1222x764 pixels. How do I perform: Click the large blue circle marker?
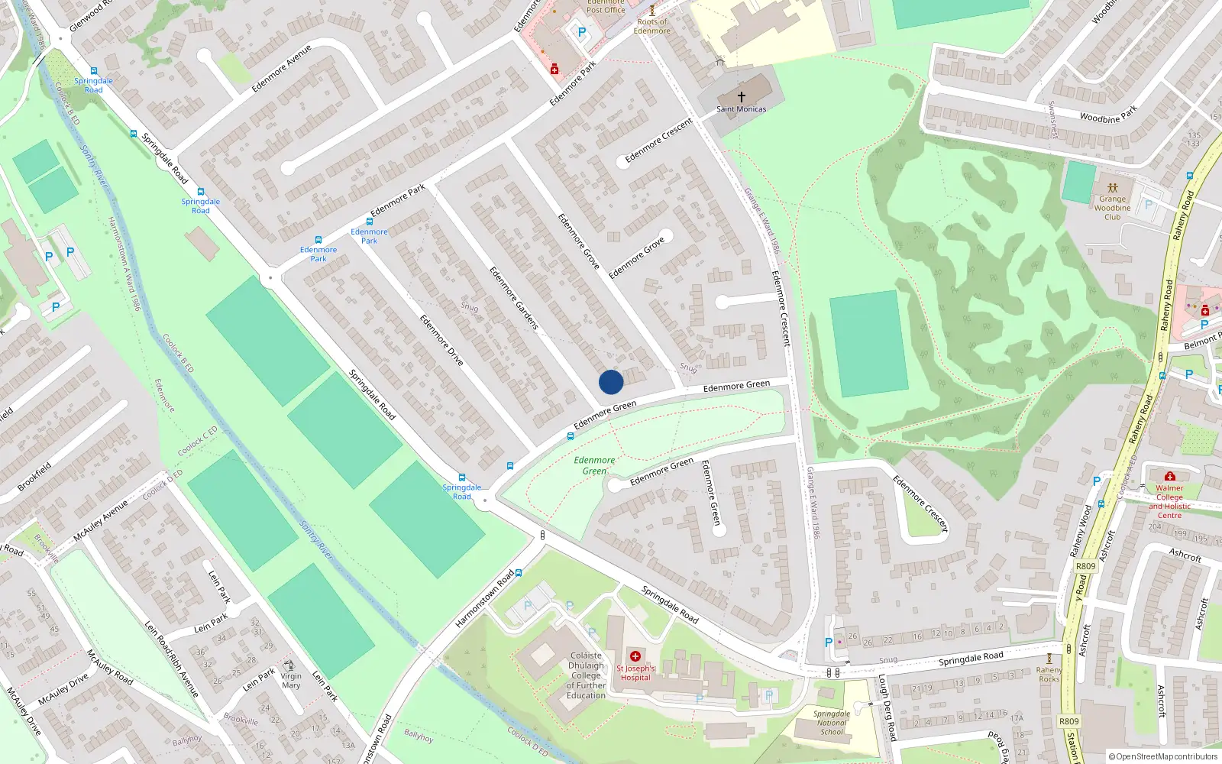(x=611, y=382)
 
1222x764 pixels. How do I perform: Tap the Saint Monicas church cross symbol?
(x=741, y=97)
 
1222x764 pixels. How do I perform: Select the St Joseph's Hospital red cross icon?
(x=635, y=656)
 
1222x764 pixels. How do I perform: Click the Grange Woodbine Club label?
(x=1112, y=208)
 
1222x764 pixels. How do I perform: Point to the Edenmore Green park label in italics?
(x=594, y=465)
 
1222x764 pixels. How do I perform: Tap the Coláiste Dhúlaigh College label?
(x=586, y=675)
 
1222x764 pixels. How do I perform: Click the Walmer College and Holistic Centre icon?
(x=1169, y=476)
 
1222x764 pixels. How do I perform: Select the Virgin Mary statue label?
(x=291, y=681)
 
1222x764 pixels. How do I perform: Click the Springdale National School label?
(x=831, y=723)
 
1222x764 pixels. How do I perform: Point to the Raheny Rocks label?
(x=1049, y=674)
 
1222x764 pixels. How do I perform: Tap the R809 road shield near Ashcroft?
(x=1085, y=566)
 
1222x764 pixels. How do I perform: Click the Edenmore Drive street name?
(x=441, y=340)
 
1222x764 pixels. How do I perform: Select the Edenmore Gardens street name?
(x=513, y=298)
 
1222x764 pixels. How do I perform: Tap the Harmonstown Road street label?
(x=484, y=599)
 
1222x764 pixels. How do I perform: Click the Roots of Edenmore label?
(x=651, y=26)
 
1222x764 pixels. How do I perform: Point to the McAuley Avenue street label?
(x=101, y=521)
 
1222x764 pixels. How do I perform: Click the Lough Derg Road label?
(x=886, y=707)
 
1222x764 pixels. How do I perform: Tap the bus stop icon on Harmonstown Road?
(x=519, y=572)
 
